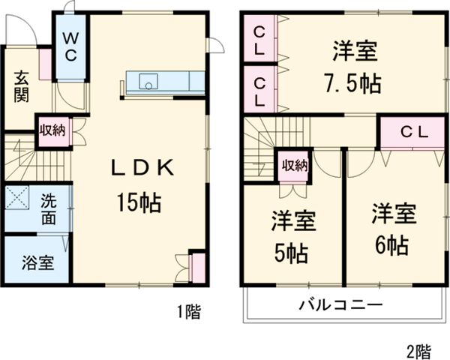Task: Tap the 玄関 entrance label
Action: [20, 89]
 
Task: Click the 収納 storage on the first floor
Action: [52, 130]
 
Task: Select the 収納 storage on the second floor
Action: [294, 166]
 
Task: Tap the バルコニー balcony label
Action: [341, 305]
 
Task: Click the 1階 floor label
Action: [189, 312]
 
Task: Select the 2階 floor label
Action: [418, 349]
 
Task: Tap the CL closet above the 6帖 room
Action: [412, 133]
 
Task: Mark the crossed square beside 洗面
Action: [16, 199]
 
